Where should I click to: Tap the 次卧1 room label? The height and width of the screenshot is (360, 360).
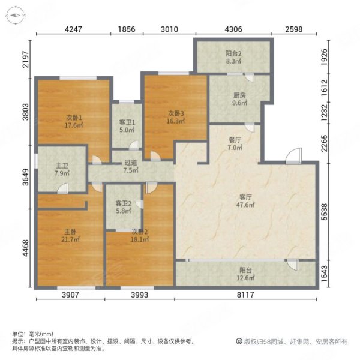pos(74,118)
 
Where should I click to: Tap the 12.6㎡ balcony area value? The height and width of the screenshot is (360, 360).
pos(245,277)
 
